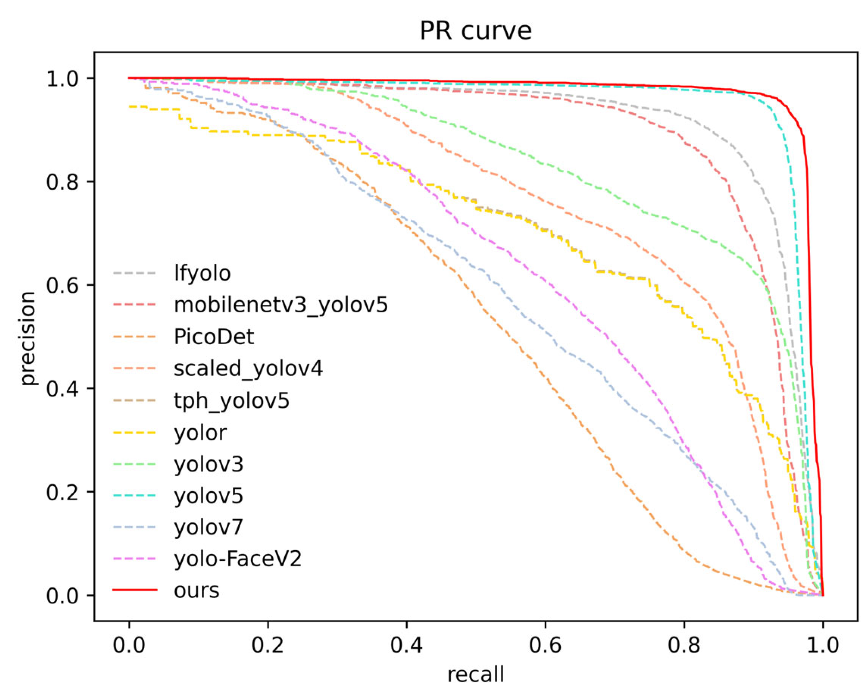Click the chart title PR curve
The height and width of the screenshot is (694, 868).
[475, 31]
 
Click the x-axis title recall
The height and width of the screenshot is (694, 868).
[475, 674]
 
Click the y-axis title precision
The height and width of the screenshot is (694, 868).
[28, 338]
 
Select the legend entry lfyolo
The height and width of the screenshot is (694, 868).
[202, 273]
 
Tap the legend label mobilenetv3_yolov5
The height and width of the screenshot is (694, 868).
[281, 305]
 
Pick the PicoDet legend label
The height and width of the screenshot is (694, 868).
[214, 337]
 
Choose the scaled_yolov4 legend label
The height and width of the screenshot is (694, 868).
[248, 368]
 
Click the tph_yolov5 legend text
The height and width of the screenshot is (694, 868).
[231, 401]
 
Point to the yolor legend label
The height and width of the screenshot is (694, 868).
[200, 432]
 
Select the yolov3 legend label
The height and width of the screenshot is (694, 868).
[209, 464]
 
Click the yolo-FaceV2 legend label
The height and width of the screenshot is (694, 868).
[238, 559]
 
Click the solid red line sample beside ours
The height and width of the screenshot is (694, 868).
[134, 590]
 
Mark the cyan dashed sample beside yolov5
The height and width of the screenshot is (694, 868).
[134, 496]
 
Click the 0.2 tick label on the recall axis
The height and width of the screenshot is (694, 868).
[268, 646]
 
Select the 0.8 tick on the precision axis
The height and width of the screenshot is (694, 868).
[62, 182]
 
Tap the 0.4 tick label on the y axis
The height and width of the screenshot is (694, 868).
[62, 389]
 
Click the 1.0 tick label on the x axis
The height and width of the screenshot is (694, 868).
[823, 646]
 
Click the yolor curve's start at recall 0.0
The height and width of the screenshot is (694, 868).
[130, 106]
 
